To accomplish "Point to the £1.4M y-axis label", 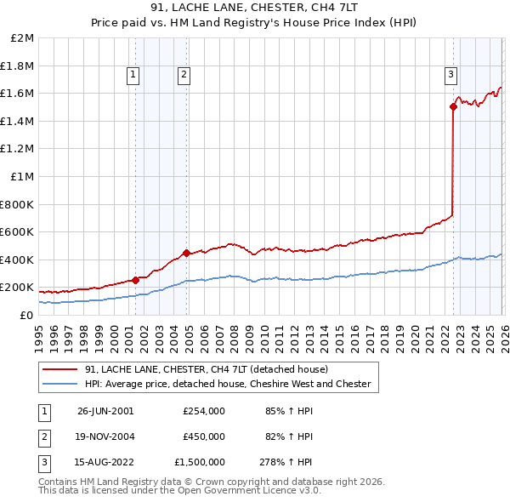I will click(19, 121).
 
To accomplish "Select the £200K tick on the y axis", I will click(19, 288).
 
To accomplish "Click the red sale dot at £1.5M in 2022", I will click(453, 106).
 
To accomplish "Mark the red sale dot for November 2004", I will click(186, 253).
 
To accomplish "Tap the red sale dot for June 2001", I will click(135, 280).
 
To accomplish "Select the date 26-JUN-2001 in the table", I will click(105, 411).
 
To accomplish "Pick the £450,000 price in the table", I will click(204, 436).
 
